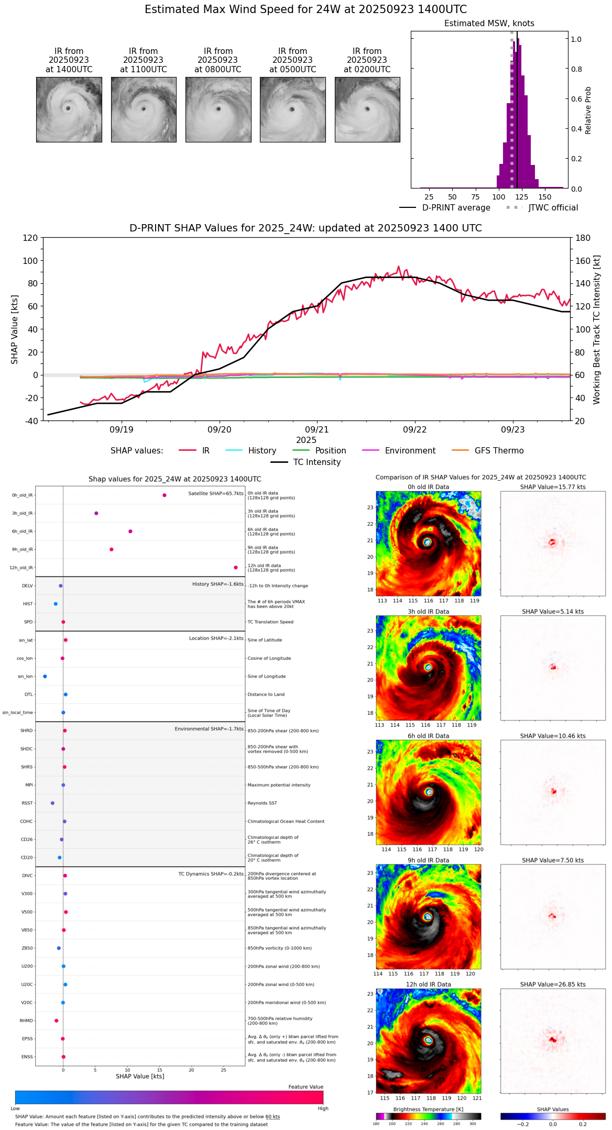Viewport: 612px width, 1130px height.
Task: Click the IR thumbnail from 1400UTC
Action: click(69, 109)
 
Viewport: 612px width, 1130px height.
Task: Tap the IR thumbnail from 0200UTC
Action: click(367, 109)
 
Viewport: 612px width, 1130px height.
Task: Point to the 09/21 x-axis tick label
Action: click(317, 430)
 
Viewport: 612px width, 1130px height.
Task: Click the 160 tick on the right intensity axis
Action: click(583, 261)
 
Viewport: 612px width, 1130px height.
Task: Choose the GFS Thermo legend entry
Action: click(499, 451)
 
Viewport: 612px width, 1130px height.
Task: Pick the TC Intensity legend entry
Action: click(316, 462)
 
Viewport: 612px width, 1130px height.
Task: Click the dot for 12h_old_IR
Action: click(236, 568)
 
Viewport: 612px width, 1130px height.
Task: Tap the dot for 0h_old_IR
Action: click(165, 495)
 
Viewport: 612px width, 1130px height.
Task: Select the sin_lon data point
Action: click(45, 677)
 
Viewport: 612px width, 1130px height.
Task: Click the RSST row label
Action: click(27, 803)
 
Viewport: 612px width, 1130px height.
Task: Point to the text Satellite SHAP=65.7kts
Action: click(215, 493)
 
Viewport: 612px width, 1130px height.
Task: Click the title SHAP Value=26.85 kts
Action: click(553, 984)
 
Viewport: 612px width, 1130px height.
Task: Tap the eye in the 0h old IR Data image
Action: click(428, 542)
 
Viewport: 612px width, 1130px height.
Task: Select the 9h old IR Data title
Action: click(428, 860)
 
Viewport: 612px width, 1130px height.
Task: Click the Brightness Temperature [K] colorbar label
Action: click(428, 1109)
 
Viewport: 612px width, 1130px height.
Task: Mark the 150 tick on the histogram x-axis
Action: click(545, 197)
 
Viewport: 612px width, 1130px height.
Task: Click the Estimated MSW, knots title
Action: click(489, 24)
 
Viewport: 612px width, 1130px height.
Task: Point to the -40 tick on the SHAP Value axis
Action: click(31, 421)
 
